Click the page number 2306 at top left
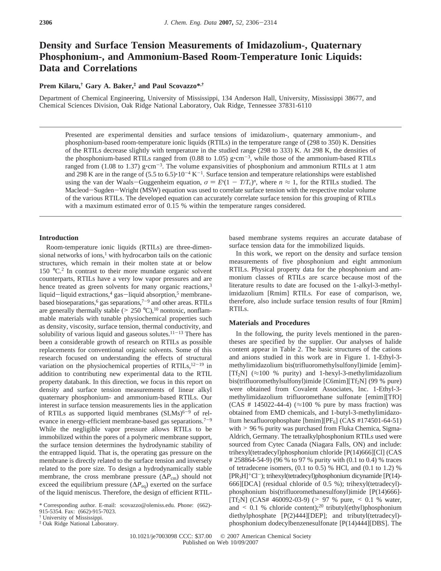46,23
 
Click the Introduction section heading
59,238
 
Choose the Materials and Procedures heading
269,323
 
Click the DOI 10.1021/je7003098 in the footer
153,536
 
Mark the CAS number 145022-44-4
272,405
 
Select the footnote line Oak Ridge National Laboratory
80,524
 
